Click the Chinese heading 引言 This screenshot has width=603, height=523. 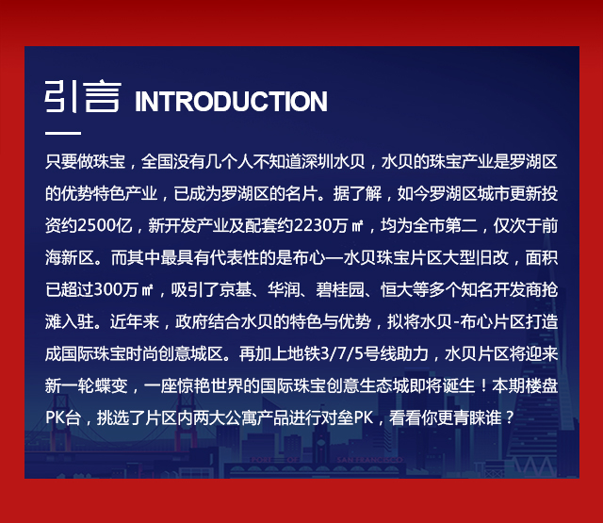[83, 96]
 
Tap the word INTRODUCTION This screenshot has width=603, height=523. [231, 102]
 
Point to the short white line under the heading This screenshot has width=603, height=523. [63, 133]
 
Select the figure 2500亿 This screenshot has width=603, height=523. [105, 226]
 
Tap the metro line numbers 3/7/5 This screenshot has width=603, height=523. [341, 353]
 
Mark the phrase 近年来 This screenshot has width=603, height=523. [134, 321]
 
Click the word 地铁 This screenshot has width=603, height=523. [303, 353]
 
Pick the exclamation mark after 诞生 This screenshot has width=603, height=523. [483, 385]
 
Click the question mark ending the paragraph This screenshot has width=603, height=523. [510, 417]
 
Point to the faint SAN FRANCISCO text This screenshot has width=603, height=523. [369, 460]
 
